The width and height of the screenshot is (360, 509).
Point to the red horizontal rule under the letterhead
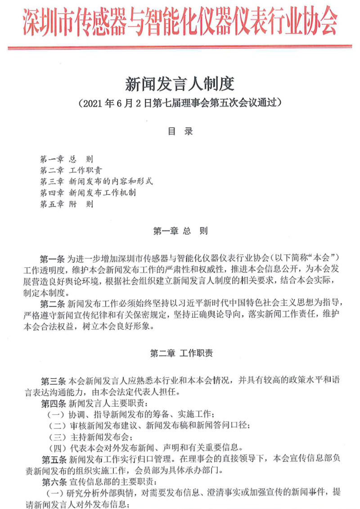pos(180,47)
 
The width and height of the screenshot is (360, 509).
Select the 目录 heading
pos(180,131)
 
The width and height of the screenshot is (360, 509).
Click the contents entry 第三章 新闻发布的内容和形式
pos(96,182)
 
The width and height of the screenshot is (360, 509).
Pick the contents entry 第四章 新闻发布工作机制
pos(88,193)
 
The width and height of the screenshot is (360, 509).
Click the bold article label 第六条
pos(53,482)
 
